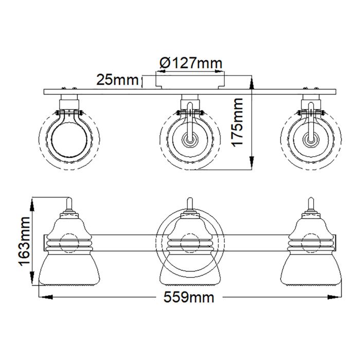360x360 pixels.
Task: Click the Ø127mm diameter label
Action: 190,63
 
